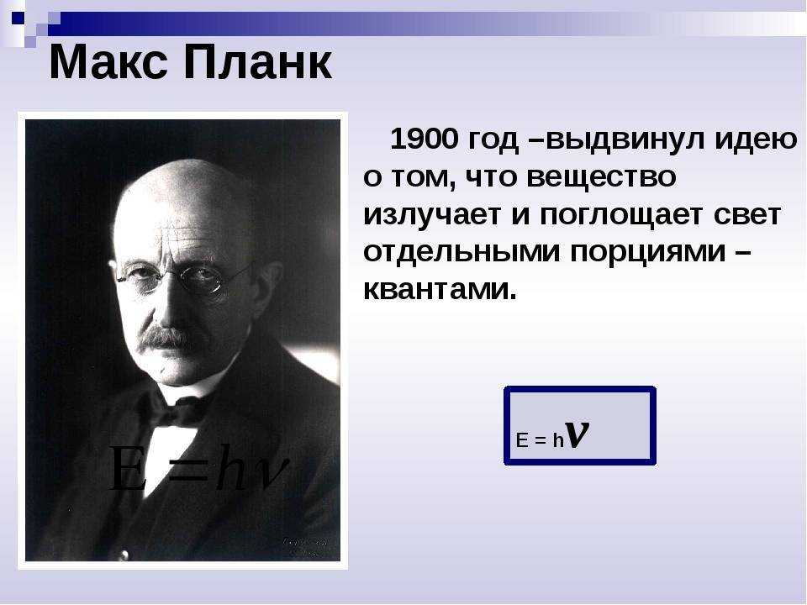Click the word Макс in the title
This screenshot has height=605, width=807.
click(x=108, y=62)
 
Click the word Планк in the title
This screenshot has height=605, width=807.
click(x=257, y=62)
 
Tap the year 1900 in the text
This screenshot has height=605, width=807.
click(x=424, y=139)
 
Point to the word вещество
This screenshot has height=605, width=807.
click(x=601, y=178)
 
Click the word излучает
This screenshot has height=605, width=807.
click(x=432, y=215)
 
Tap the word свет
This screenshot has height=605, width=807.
click(x=747, y=214)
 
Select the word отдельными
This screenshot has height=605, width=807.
click(x=462, y=253)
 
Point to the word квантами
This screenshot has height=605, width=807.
click(x=440, y=291)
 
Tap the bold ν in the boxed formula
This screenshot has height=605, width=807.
click(x=577, y=434)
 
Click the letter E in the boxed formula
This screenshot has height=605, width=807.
click(x=522, y=440)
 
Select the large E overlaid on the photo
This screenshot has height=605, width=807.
click(x=128, y=468)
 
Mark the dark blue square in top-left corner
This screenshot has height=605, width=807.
click(x=18, y=18)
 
